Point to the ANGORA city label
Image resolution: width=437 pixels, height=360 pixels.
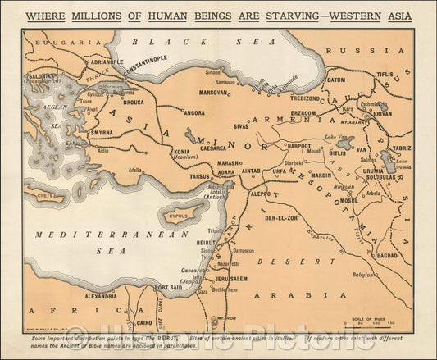point(194,113)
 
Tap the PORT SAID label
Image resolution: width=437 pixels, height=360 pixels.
point(166,288)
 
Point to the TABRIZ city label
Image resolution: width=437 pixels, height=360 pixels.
point(402,148)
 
